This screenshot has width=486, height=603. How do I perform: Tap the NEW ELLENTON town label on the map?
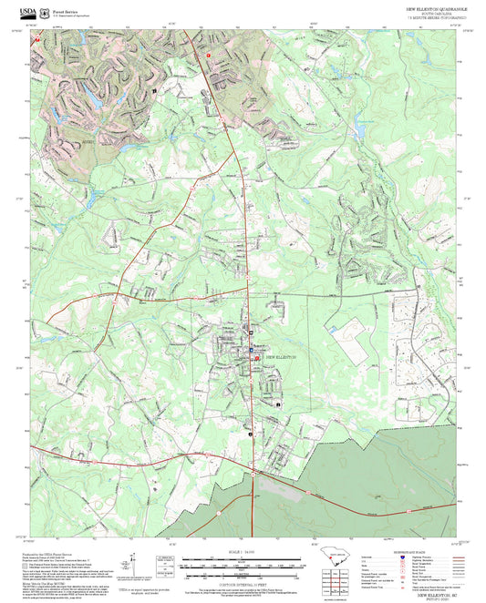tap(281, 357)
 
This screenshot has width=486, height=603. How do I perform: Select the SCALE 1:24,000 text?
tap(243, 553)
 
